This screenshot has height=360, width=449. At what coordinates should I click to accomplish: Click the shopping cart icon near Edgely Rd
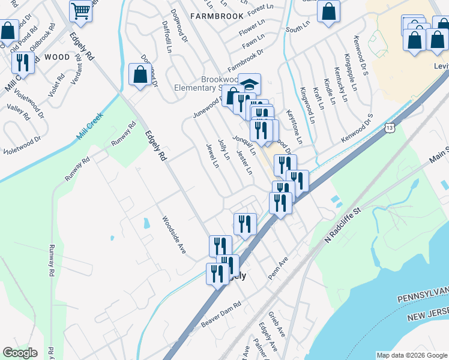coord(82,10)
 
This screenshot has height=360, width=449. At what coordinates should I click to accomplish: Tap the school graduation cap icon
coord(249,83)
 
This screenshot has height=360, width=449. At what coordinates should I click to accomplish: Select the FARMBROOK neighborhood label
coord(217,16)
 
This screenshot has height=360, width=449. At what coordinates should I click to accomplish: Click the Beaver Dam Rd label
coord(221,314)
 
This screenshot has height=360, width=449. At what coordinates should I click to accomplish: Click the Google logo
coord(20,353)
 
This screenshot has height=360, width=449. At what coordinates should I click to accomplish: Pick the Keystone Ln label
coord(295,125)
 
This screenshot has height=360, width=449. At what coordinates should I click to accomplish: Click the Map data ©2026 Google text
coord(411,355)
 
